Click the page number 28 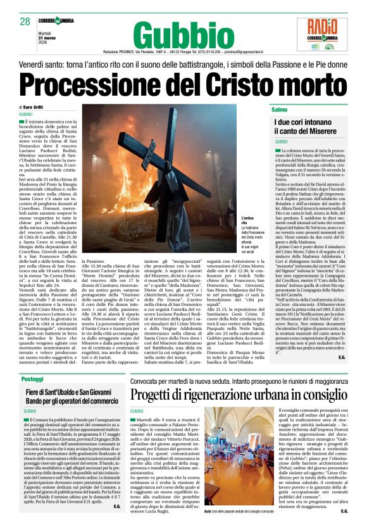point(25,22)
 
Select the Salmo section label point(280,110)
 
